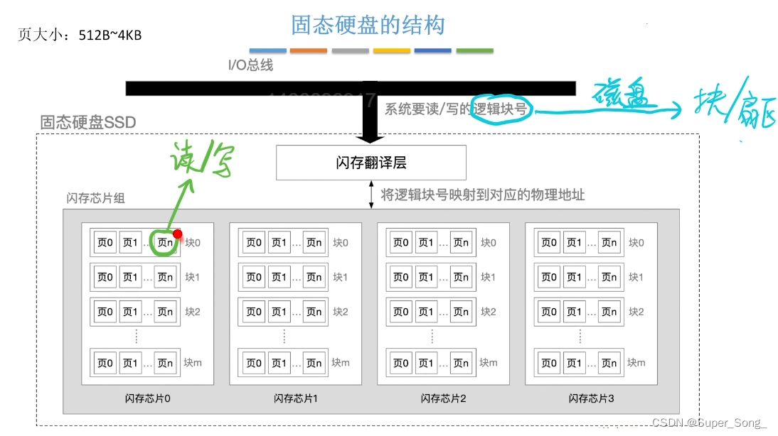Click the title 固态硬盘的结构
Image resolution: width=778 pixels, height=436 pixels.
(x=368, y=26)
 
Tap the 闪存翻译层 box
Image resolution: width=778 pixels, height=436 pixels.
(x=371, y=163)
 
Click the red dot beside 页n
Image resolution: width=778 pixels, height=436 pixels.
(x=177, y=234)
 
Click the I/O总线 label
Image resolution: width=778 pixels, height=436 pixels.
(x=250, y=65)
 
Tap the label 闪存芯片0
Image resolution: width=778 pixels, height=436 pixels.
(x=147, y=398)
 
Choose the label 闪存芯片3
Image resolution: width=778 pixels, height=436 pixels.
(x=591, y=398)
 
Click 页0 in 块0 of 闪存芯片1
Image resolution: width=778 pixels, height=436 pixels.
(x=254, y=243)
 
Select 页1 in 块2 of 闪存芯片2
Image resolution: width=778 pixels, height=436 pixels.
(x=426, y=312)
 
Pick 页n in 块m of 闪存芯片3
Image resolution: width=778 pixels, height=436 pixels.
(x=609, y=363)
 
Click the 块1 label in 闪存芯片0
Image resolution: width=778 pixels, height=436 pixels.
(x=193, y=277)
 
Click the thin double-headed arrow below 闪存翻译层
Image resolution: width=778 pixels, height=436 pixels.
(x=371, y=195)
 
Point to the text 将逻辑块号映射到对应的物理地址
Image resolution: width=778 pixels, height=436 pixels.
(x=483, y=195)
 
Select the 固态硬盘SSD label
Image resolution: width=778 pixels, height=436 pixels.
(x=88, y=122)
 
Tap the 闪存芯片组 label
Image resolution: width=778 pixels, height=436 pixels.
(x=95, y=199)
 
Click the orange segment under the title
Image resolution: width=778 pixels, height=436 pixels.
(x=309, y=51)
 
